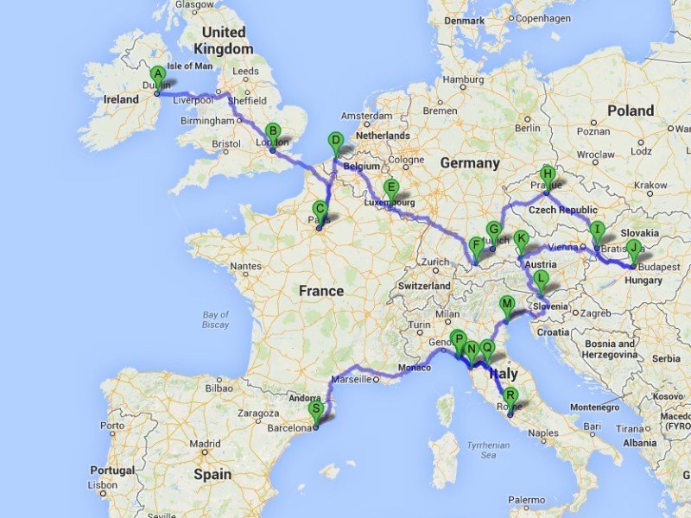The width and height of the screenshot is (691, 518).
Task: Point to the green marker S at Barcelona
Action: coord(316,409)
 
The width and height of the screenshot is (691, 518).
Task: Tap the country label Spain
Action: coord(212,474)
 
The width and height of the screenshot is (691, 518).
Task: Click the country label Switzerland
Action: coord(423,285)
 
